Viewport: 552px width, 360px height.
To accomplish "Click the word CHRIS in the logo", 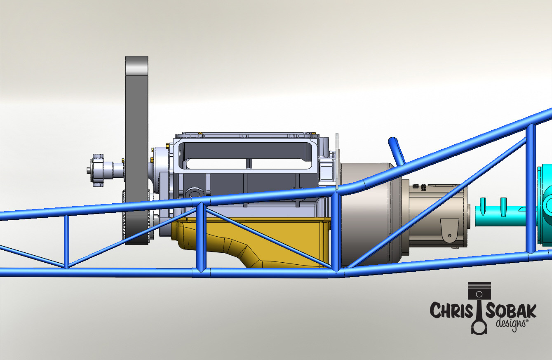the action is (x=451, y=311).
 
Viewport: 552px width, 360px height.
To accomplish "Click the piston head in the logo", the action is (x=479, y=291).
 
